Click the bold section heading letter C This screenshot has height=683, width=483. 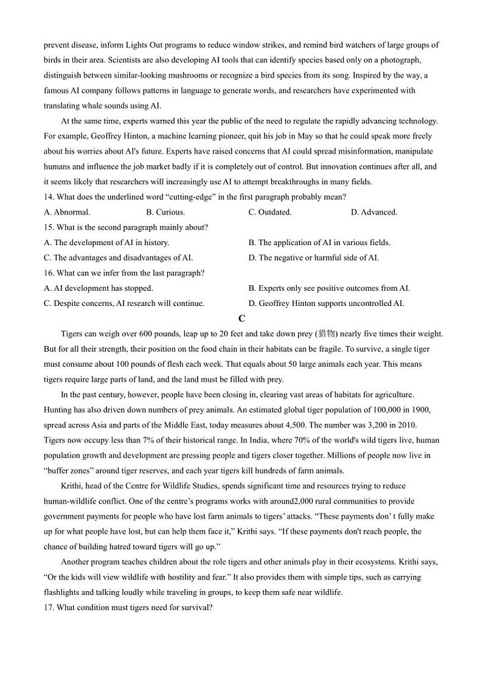coord(241,319)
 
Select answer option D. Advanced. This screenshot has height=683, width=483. coord(374,212)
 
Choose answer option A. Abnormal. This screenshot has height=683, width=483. coord(67,212)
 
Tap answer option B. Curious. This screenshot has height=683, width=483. coord(165,212)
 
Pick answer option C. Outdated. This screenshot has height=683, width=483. coord(269,212)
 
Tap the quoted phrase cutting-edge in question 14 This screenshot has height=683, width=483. coord(187,197)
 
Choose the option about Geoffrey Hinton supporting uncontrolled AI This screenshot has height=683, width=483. coord(326,303)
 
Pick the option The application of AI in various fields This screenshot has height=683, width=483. coord(319,243)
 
